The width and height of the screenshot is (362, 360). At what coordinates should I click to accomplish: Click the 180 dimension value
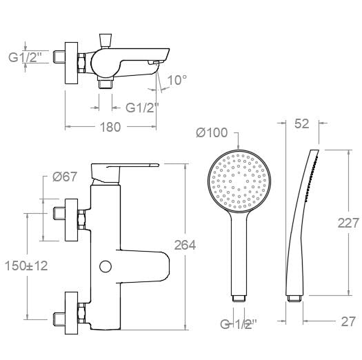click(x=109, y=127)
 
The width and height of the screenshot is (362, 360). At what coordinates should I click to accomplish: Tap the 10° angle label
click(x=177, y=80)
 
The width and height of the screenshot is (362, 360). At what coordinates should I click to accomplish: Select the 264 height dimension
click(x=185, y=245)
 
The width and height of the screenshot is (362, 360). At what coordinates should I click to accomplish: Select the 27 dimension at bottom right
click(x=349, y=321)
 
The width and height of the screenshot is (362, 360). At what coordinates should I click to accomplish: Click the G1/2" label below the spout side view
click(x=142, y=107)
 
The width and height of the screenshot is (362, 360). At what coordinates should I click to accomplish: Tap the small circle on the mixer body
click(x=106, y=267)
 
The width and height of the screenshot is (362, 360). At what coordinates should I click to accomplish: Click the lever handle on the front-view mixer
click(x=128, y=169)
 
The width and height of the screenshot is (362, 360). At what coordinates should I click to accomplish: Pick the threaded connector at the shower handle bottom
click(x=239, y=299)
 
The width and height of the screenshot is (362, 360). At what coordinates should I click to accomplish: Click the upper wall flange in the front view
click(x=70, y=219)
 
